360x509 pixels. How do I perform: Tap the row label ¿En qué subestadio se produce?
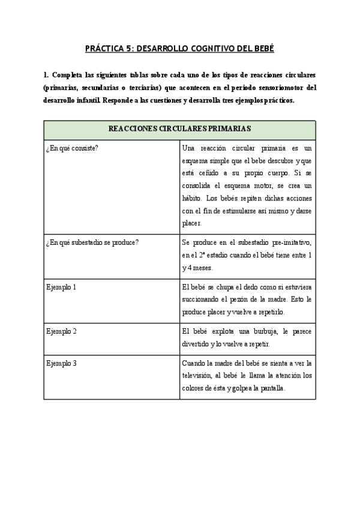click(x=92, y=242)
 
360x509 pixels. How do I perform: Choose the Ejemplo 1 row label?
click(x=61, y=287)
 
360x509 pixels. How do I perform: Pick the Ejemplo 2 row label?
click(x=61, y=331)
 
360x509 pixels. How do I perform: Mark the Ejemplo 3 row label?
click(x=61, y=363)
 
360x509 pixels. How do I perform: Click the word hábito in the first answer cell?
click(x=193, y=199)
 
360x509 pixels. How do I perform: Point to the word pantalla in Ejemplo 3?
click(x=270, y=388)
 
